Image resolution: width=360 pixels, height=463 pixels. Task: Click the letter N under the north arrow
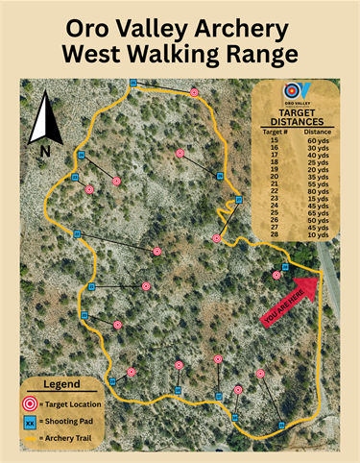click(x=44, y=151)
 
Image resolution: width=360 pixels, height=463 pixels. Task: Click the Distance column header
click(x=319, y=131)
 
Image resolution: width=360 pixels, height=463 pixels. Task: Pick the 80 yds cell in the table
click(x=319, y=191)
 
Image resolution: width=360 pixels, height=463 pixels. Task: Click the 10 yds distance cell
click(x=319, y=234)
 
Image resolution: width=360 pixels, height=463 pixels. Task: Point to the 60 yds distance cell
click(x=319, y=139)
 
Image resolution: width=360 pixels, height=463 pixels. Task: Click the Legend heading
click(x=62, y=384)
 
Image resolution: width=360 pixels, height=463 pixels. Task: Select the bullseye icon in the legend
click(x=30, y=403)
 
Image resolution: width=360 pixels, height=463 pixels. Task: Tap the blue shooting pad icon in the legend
click(x=30, y=422)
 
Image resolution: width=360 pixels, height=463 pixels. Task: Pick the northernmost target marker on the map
click(x=194, y=92)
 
